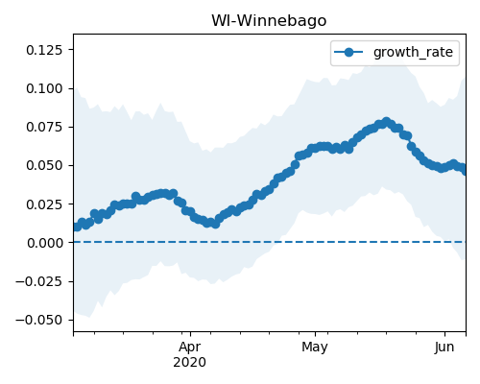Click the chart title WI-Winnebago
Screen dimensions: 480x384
[269, 21]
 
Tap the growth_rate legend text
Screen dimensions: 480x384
[413, 52]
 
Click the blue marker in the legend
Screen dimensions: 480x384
[348, 52]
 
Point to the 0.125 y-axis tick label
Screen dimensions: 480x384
[44, 50]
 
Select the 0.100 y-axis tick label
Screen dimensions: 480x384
[44, 88]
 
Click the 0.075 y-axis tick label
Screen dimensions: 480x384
[44, 127]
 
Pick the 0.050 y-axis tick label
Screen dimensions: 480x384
[44, 165]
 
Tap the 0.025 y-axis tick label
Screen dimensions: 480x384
[44, 204]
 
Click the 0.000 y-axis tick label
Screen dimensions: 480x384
[44, 243]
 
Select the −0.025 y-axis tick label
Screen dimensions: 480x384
[38, 281]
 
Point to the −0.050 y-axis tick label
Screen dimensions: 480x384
[38, 320]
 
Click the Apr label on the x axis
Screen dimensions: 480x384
[190, 348]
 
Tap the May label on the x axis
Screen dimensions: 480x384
[315, 348]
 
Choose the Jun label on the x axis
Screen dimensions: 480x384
[444, 348]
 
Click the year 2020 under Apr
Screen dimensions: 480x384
[189, 363]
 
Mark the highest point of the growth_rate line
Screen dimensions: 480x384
[387, 122]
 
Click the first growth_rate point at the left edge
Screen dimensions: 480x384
[77, 227]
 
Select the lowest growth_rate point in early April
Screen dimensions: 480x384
[216, 224]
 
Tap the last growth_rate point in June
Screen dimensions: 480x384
[465, 171]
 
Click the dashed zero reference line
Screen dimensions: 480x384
[270, 242]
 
